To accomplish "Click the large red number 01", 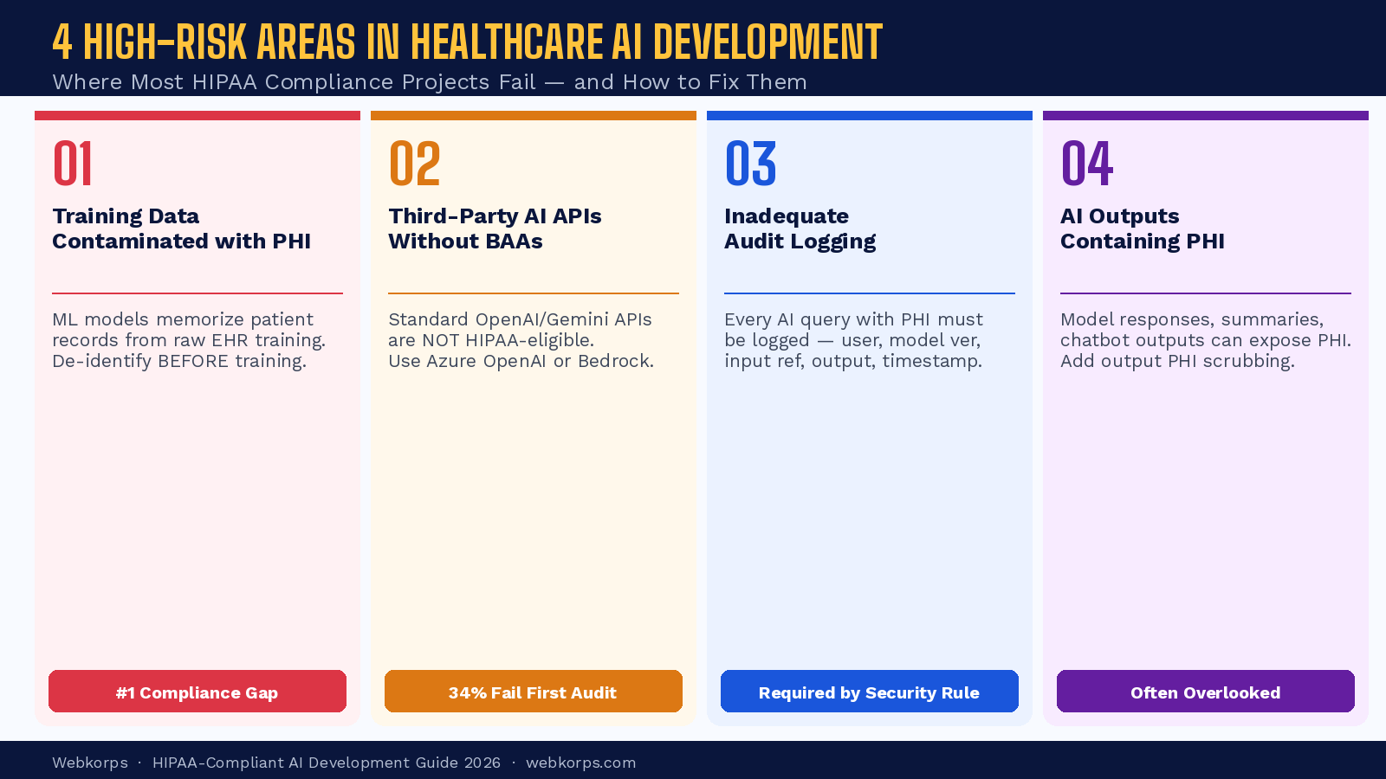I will [x=73, y=164].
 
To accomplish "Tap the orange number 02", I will [x=414, y=164].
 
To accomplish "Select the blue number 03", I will [x=750, y=164].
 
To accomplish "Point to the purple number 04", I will [x=1087, y=164].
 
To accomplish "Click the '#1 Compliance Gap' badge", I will [x=198, y=692].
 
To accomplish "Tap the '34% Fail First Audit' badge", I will [x=534, y=692].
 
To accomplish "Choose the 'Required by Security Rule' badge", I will [x=870, y=692].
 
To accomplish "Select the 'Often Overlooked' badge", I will [x=1206, y=692].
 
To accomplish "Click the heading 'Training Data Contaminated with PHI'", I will [x=181, y=229].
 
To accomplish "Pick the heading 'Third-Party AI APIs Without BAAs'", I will [x=495, y=229].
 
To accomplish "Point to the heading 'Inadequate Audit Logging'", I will [x=800, y=229].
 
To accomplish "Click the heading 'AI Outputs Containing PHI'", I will [x=1142, y=229].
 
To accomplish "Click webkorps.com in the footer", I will [x=580, y=763].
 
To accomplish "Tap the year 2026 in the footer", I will [x=482, y=763].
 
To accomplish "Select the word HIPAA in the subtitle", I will [x=224, y=82].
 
